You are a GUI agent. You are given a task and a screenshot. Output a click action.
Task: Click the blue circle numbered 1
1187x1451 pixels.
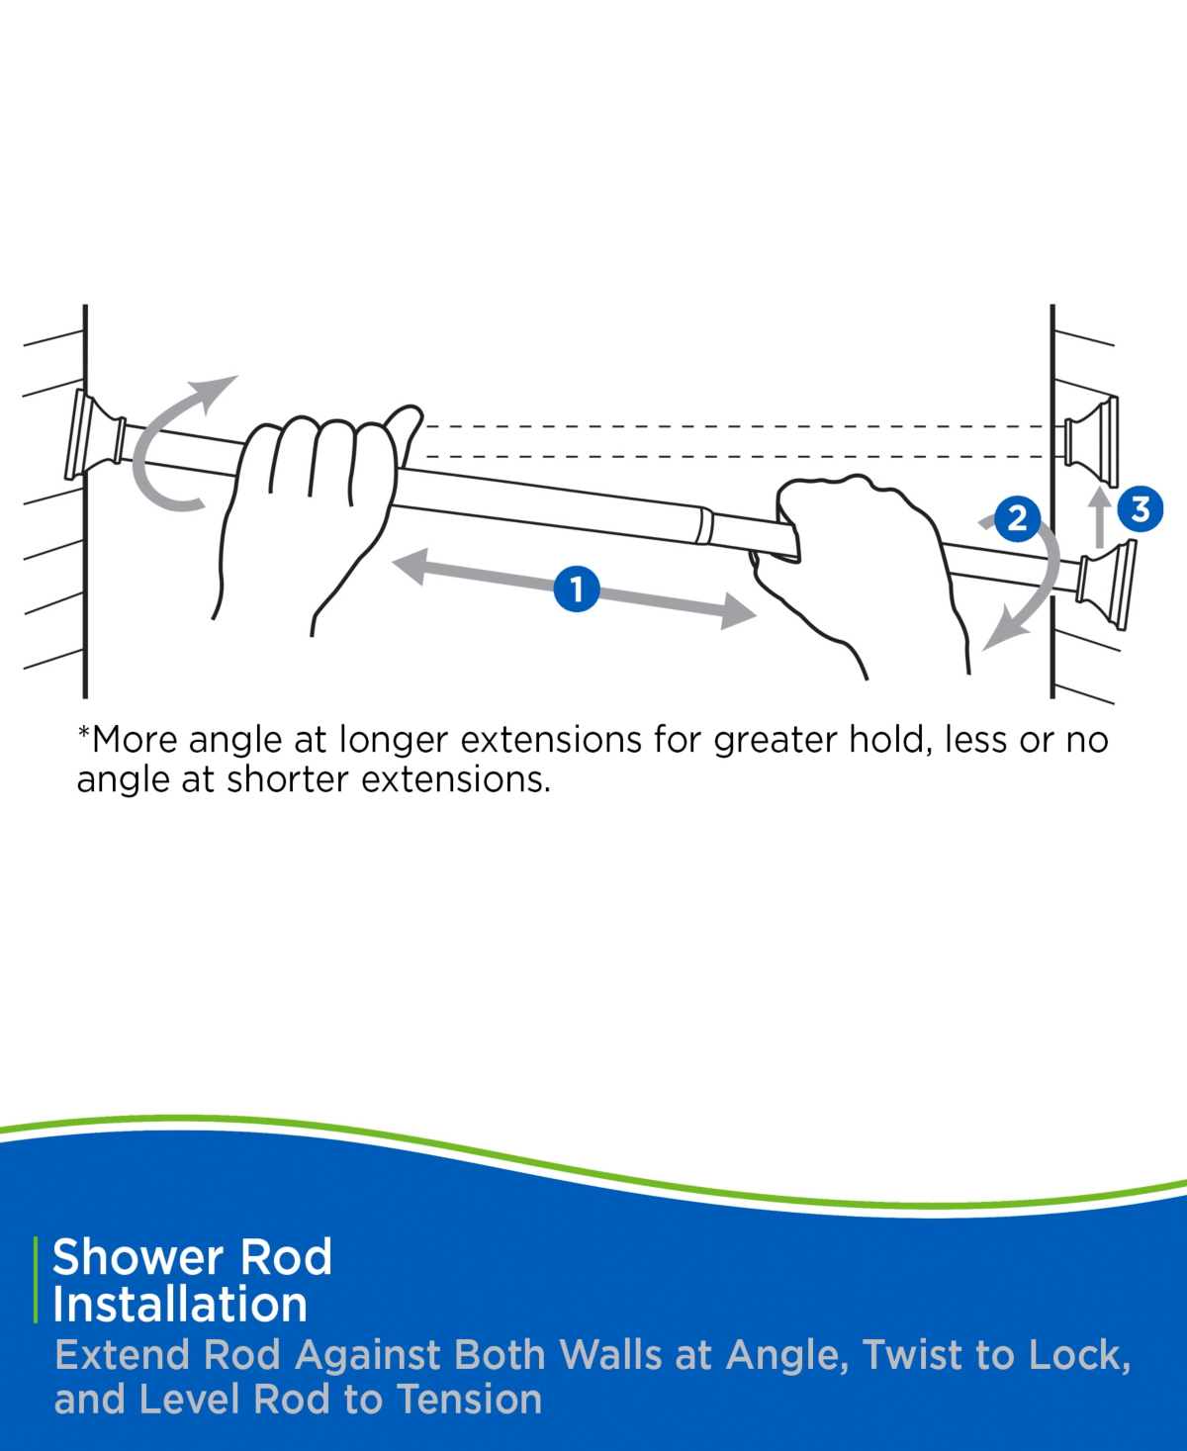coord(577,589)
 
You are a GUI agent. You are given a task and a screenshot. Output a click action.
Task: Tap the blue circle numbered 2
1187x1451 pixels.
coord(1017,518)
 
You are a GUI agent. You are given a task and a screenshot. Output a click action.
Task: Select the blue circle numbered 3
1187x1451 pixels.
coord(1141,509)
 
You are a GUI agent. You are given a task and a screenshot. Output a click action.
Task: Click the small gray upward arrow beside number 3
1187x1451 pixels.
coord(1100,516)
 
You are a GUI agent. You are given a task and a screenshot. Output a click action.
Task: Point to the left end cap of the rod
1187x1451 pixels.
coord(95,435)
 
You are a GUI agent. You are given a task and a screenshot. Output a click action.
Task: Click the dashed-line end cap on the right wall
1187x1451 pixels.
coord(1091,441)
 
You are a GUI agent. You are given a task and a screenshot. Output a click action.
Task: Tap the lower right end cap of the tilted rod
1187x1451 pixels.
coord(1105,585)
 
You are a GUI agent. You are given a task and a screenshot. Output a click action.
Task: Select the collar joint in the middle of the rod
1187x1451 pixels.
coord(703,525)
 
